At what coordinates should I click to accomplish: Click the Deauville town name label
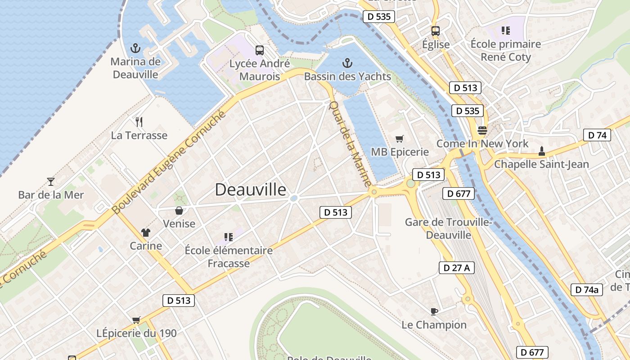pyautogui.click(x=250, y=189)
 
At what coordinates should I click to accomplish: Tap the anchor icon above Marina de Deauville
pyautogui.click(x=135, y=48)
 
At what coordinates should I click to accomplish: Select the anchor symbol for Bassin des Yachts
pyautogui.click(x=347, y=63)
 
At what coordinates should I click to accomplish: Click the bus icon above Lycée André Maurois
pyautogui.click(x=260, y=50)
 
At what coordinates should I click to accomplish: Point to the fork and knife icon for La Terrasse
pyautogui.click(x=139, y=121)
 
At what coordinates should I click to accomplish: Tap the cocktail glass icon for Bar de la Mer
pyautogui.click(x=51, y=181)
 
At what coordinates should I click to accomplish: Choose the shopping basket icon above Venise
pyautogui.click(x=179, y=210)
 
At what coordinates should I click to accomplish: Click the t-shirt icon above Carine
pyautogui.click(x=146, y=232)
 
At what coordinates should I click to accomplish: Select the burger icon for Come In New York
pyautogui.click(x=482, y=130)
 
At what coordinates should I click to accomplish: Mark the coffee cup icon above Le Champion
pyautogui.click(x=434, y=311)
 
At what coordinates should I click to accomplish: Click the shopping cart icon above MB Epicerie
pyautogui.click(x=400, y=139)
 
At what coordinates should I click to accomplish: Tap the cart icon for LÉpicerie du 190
pyautogui.click(x=136, y=320)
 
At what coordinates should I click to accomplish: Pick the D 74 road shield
pyautogui.click(x=597, y=135)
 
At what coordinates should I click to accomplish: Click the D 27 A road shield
pyautogui.click(x=456, y=268)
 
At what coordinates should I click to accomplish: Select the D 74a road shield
pyautogui.click(x=587, y=290)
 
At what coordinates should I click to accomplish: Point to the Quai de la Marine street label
pyautogui.click(x=350, y=144)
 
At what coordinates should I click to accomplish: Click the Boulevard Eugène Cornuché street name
pyautogui.click(x=168, y=163)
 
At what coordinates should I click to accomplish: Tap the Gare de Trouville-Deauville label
pyautogui.click(x=448, y=228)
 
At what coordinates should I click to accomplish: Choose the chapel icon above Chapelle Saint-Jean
pyautogui.click(x=541, y=150)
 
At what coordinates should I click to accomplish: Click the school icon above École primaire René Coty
pyautogui.click(x=505, y=31)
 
